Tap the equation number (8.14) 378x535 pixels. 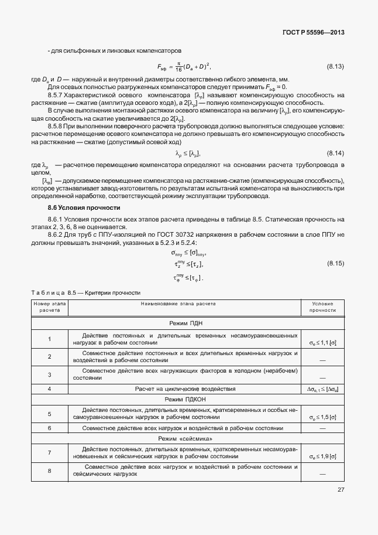[x=335, y=153]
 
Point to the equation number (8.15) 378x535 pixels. [x=335, y=265]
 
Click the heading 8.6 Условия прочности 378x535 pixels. [x=84, y=207]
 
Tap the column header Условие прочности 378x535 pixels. [x=323, y=307]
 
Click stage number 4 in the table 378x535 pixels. [x=50, y=389]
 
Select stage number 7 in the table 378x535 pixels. [x=50, y=452]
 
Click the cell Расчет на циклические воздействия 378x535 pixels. [x=185, y=389]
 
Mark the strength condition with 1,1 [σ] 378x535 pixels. [x=322, y=342]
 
